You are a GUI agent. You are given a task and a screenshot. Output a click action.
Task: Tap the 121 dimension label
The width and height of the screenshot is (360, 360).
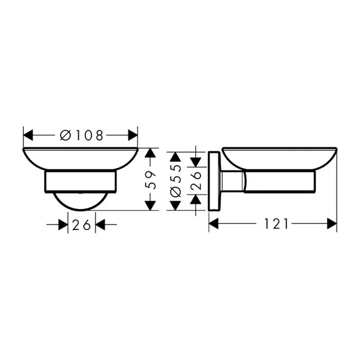pyautogui.click(x=275, y=224)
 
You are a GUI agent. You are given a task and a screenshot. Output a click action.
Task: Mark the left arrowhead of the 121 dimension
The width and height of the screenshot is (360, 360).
pyautogui.click(x=214, y=224)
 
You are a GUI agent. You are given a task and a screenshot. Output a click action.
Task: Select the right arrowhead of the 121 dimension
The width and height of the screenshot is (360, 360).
pyautogui.click(x=332, y=224)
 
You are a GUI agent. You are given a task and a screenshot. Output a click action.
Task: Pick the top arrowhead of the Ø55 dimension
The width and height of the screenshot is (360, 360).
pyautogui.click(x=175, y=157)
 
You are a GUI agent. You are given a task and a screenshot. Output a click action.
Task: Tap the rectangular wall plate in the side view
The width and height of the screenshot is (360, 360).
pyautogui.click(x=214, y=181)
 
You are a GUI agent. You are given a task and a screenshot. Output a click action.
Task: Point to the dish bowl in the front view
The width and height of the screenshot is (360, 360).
pyautogui.click(x=80, y=158)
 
